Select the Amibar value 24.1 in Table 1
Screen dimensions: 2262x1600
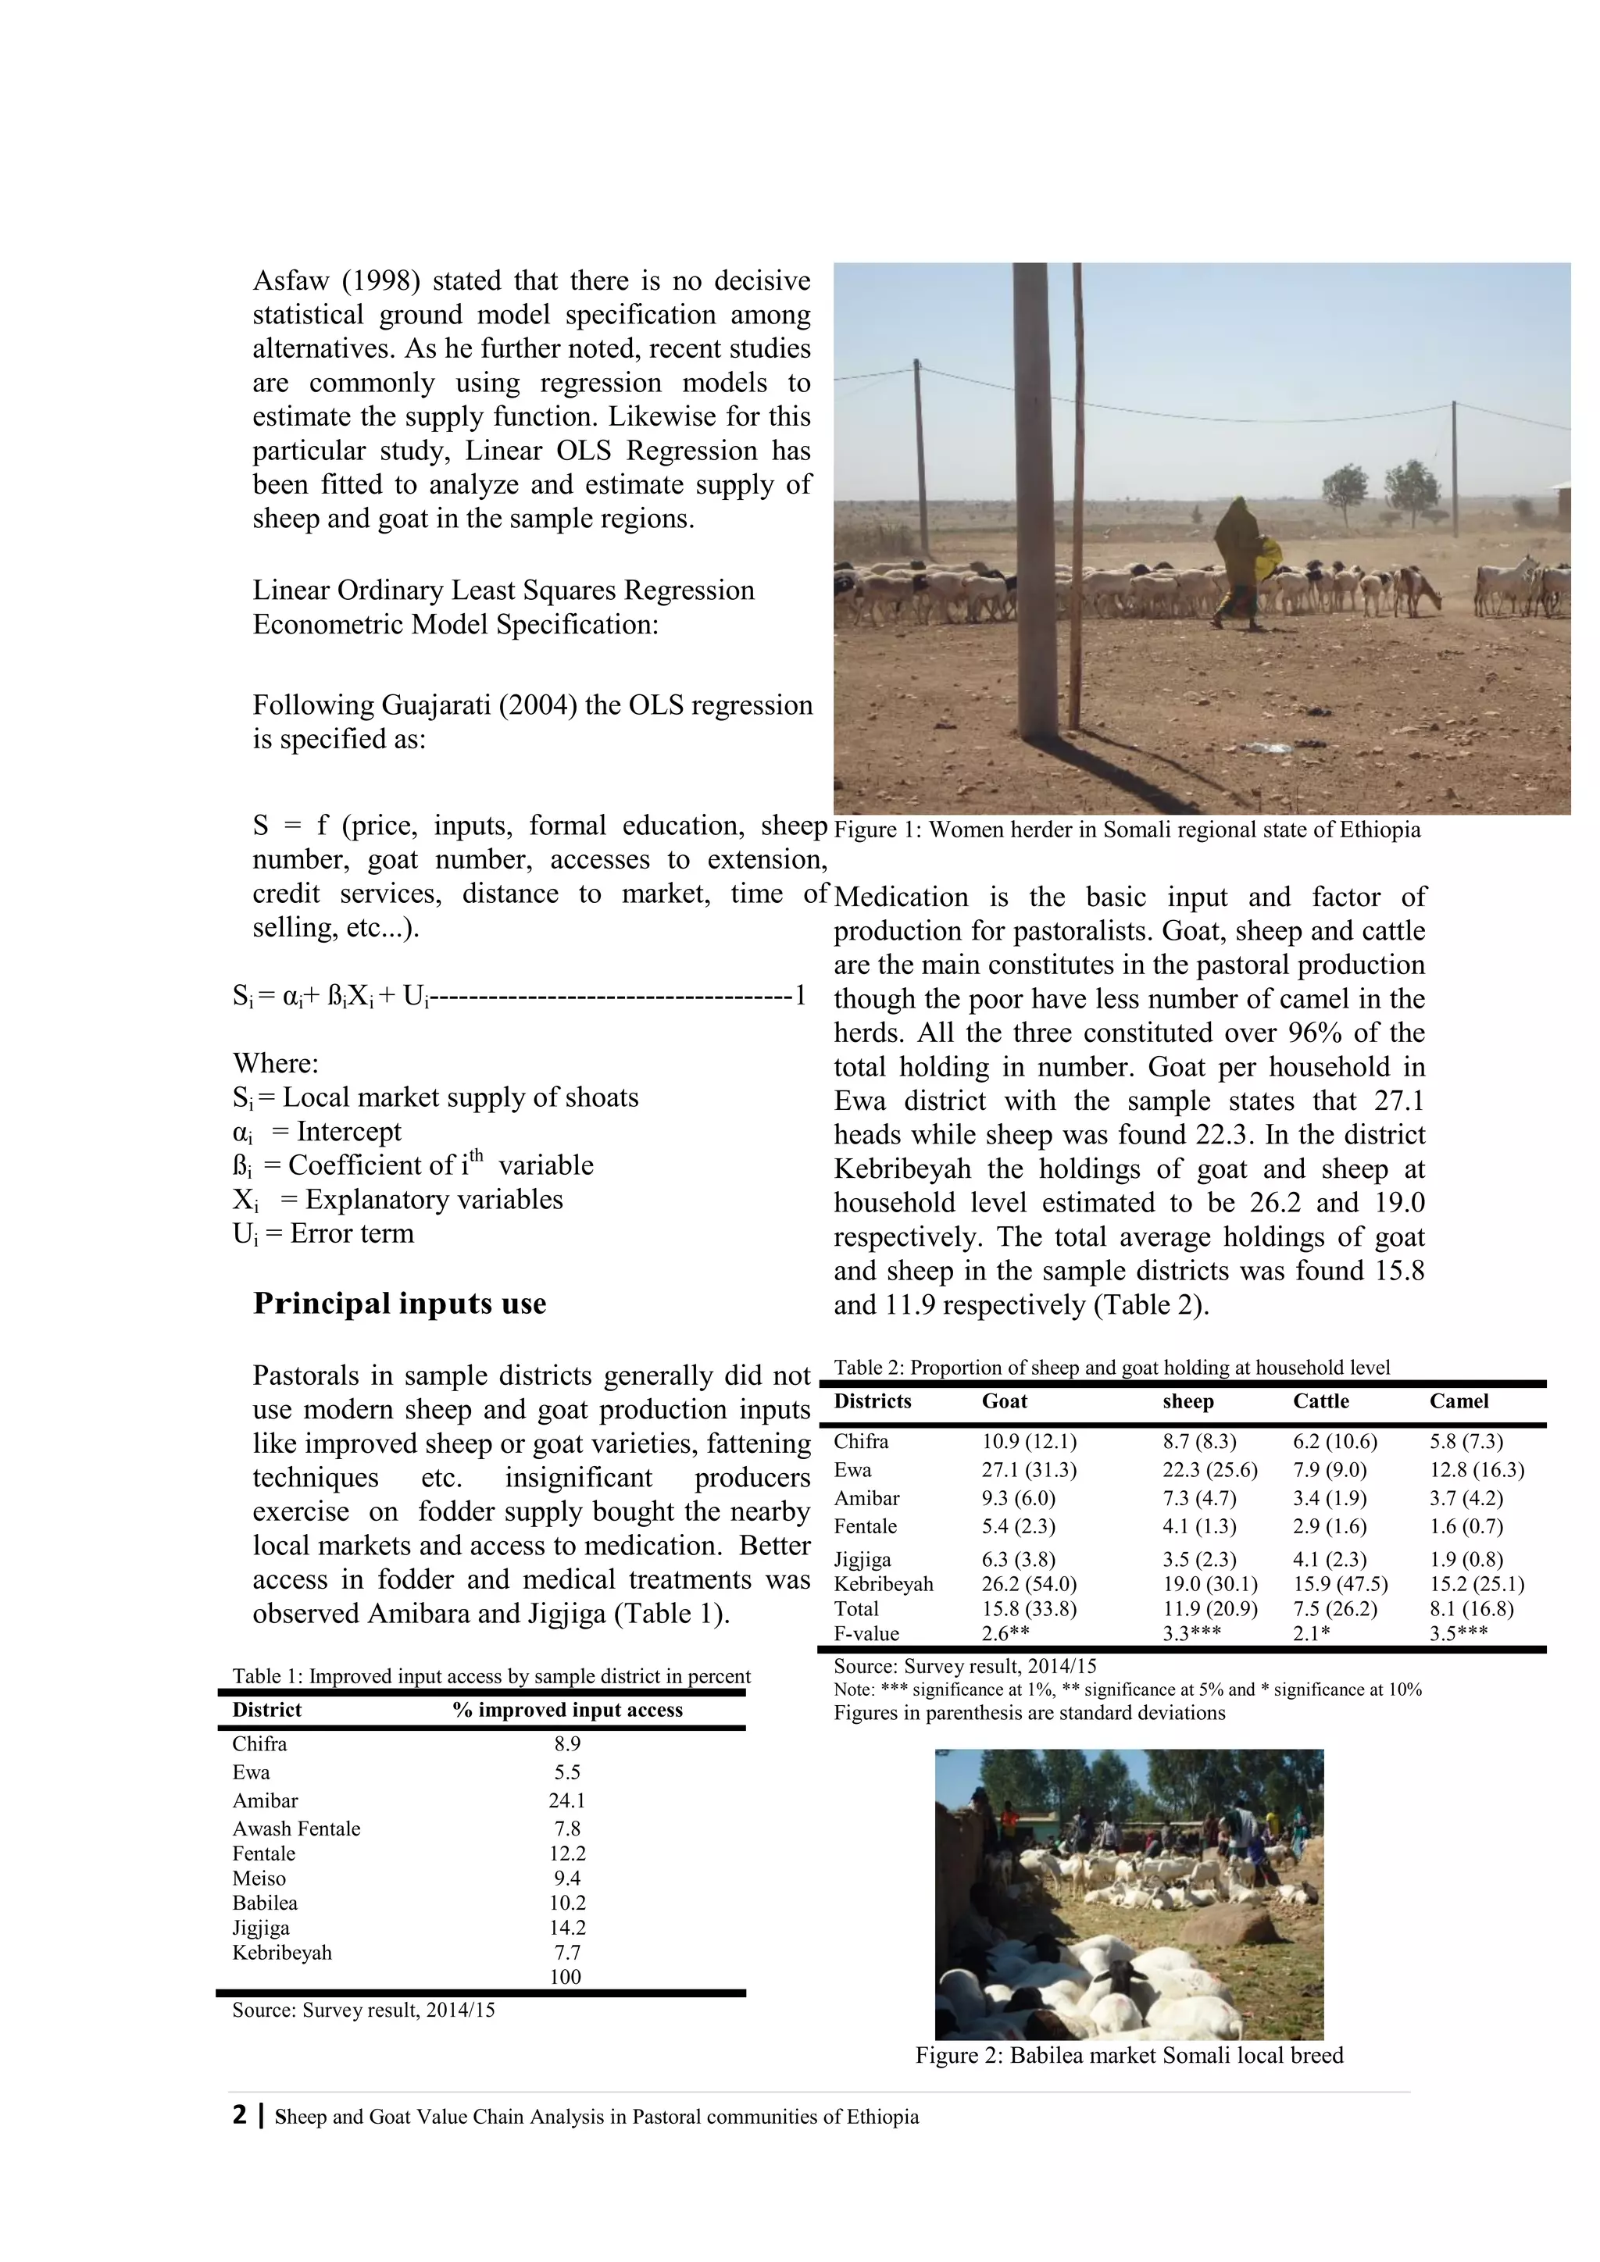pos(566,1800)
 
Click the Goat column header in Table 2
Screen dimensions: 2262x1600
pos(1004,1401)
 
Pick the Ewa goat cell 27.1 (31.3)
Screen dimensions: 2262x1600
pos(1029,1470)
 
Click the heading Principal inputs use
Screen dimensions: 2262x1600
pos(399,1304)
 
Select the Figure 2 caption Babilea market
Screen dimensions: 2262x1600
pos(1128,2055)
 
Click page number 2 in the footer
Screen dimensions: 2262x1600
pos(239,2115)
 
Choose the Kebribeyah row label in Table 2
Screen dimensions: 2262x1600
pos(883,1584)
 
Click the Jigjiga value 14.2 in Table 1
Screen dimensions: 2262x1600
pos(566,1927)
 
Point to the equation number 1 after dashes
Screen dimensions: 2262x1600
pos(800,996)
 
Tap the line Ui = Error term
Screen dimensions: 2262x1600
pos(323,1233)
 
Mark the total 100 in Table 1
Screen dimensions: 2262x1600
pos(566,1976)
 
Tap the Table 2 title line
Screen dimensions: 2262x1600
pos(1112,1368)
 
